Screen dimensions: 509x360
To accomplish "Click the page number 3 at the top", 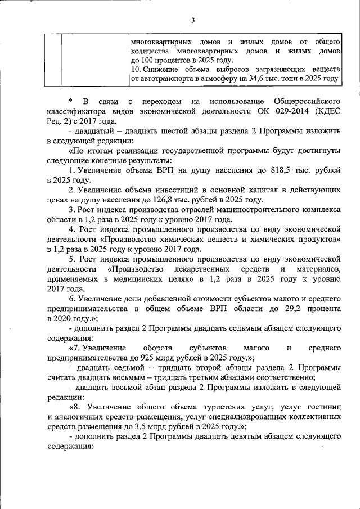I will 192,21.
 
